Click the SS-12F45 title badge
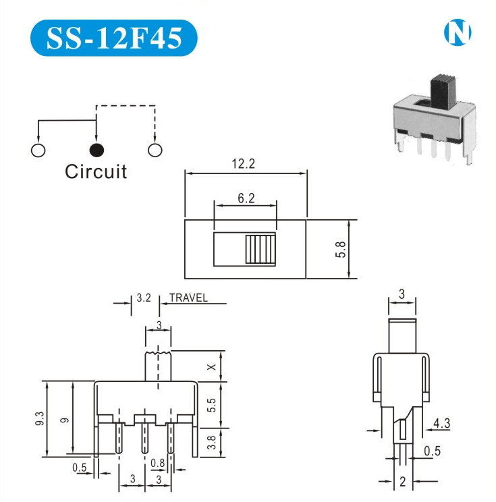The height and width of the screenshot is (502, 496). click(114, 38)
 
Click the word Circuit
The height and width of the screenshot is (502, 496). click(96, 171)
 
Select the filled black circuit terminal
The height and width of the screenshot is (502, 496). click(97, 149)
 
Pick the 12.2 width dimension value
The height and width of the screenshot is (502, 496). click(245, 164)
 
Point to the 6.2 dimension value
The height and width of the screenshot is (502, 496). click(246, 198)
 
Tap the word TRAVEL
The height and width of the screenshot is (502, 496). click(188, 298)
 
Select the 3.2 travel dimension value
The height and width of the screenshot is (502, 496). click(143, 298)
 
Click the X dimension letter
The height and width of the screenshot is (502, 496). click(211, 366)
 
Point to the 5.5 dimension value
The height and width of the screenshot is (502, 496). click(211, 405)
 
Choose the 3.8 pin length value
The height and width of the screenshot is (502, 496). click(211, 442)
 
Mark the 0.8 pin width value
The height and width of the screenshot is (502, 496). click(158, 462)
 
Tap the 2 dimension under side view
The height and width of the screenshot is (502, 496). click(402, 481)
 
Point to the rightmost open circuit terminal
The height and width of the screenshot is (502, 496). click(155, 149)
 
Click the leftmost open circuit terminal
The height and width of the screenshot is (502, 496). click(38, 149)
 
